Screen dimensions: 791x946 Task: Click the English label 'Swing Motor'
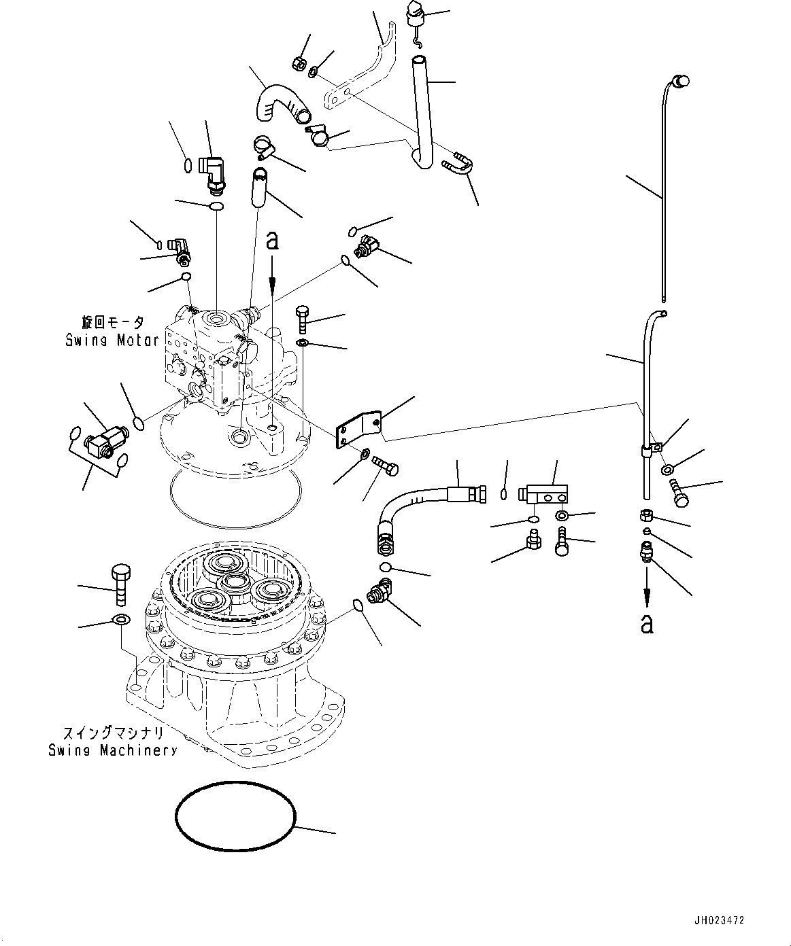tap(112, 340)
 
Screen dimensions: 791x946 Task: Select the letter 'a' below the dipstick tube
tap(647, 625)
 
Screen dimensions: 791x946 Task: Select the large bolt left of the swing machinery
tap(121, 585)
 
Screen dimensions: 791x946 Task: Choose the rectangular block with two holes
tap(544, 494)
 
